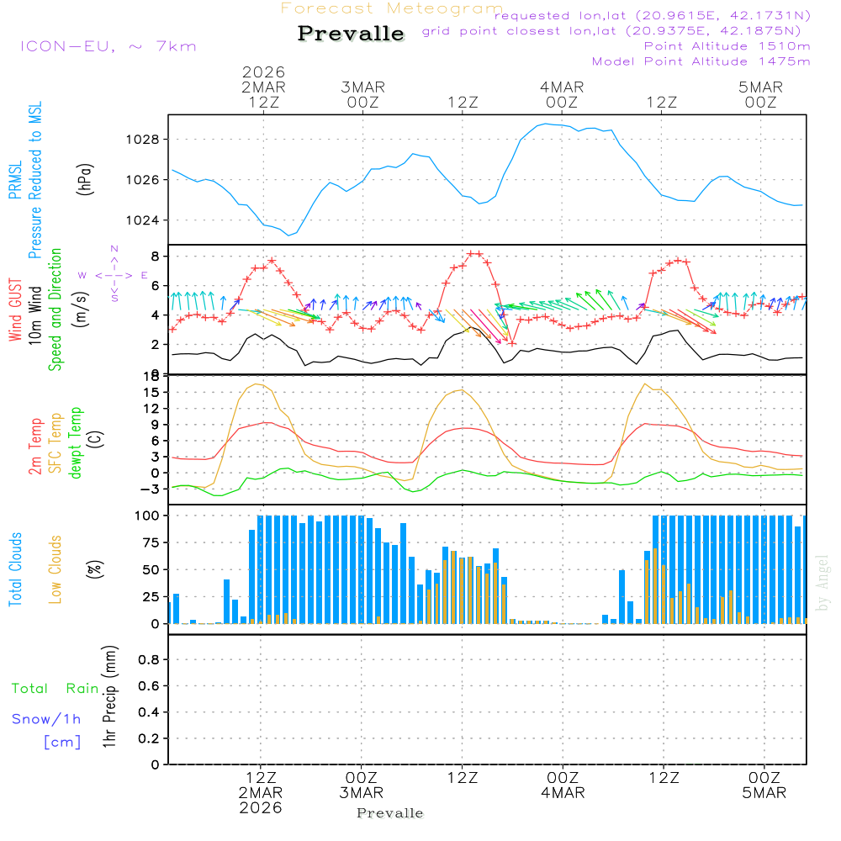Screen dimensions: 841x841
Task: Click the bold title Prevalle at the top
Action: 351,34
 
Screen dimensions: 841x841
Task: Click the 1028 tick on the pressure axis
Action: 146,140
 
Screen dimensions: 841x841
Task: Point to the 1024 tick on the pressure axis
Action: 146,220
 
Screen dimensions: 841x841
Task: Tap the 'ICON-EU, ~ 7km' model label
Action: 108,46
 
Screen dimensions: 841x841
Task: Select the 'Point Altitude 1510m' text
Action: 727,46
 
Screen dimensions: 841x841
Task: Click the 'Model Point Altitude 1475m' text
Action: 701,61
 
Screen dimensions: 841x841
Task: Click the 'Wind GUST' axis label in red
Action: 15,310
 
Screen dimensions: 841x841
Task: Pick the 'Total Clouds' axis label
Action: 15,569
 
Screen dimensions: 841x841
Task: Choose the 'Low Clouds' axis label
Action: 56,569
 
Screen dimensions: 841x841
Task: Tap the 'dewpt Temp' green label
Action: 76,442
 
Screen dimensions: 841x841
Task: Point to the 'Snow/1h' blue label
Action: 46,719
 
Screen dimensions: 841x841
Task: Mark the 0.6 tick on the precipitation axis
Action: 148,686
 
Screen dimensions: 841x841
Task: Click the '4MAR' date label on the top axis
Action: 562,87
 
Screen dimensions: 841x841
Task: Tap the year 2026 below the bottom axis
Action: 261,807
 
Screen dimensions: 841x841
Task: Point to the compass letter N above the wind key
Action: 114,249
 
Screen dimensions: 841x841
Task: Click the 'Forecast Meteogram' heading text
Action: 392,8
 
